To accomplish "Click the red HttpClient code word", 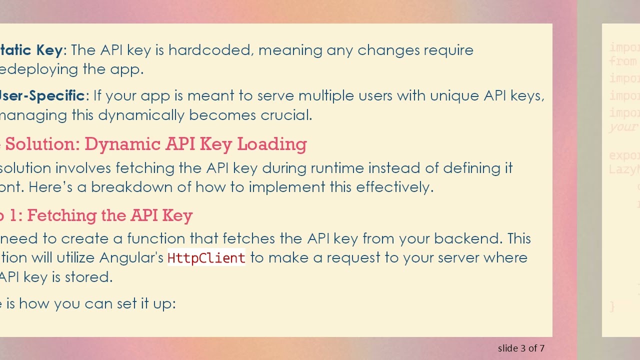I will pyautogui.click(x=206, y=258).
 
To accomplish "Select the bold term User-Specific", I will pyautogui.click(x=42, y=95).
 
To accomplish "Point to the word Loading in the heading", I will pyautogui.click(x=271, y=144).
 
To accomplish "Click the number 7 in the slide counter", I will pyautogui.click(x=542, y=348).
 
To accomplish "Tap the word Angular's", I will pyautogui.click(x=131, y=258).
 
